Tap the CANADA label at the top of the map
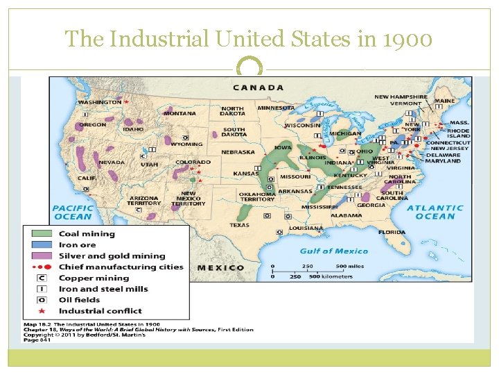tap(258, 87)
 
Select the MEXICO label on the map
tap(221, 267)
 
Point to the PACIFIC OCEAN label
tap(73, 212)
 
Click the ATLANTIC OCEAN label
tap(435, 212)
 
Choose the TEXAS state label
tap(239, 225)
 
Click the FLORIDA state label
tap(392, 232)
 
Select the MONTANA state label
tap(180, 113)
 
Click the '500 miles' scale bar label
tap(351, 266)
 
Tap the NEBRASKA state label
tap(238, 152)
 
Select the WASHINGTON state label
tap(99, 102)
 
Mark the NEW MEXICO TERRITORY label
tap(189, 199)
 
